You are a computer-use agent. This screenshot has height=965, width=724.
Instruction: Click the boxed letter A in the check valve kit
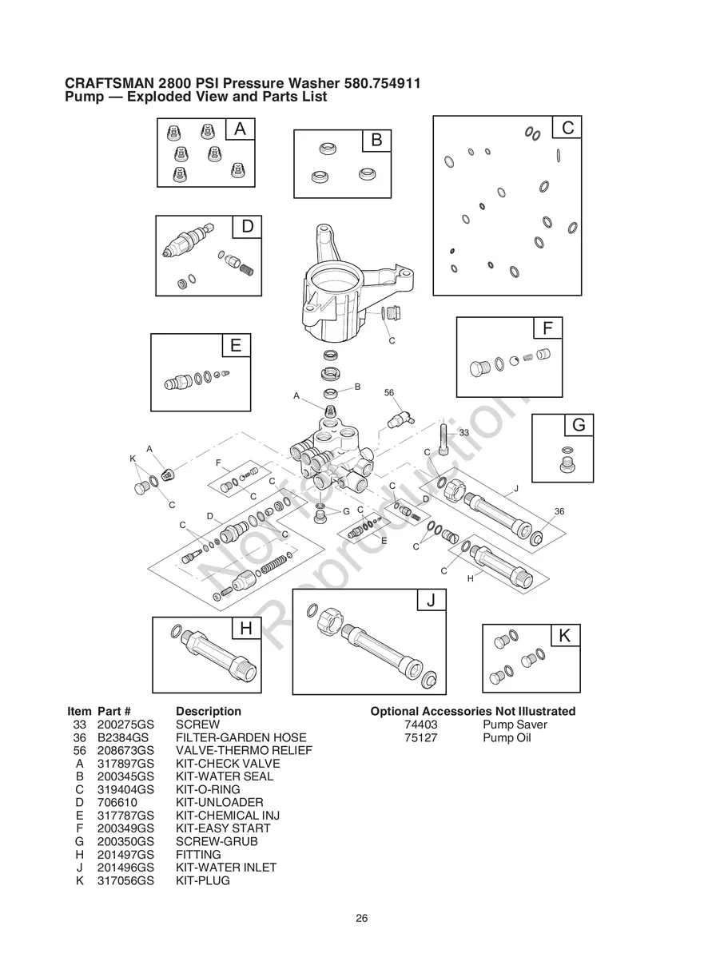(240, 129)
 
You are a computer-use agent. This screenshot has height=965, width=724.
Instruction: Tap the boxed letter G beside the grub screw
(579, 426)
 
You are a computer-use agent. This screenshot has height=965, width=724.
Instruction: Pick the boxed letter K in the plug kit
(565, 636)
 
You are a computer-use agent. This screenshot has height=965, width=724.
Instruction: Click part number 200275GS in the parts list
(125, 725)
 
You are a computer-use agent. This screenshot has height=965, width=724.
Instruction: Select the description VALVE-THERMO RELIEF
(244, 751)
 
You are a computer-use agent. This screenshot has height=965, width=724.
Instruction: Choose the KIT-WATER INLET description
(226, 868)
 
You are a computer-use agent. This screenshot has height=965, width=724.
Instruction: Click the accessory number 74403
(421, 725)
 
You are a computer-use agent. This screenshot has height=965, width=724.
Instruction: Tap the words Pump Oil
(507, 737)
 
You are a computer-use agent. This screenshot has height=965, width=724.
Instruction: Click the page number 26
(362, 918)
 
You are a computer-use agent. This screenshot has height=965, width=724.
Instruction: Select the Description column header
(208, 711)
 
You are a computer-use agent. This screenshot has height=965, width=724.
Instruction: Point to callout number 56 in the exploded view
(389, 393)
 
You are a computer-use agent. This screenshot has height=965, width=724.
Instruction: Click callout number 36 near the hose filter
(559, 511)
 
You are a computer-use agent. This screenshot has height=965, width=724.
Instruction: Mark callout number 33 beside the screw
(463, 432)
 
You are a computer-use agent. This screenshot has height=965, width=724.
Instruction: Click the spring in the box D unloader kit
(249, 269)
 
